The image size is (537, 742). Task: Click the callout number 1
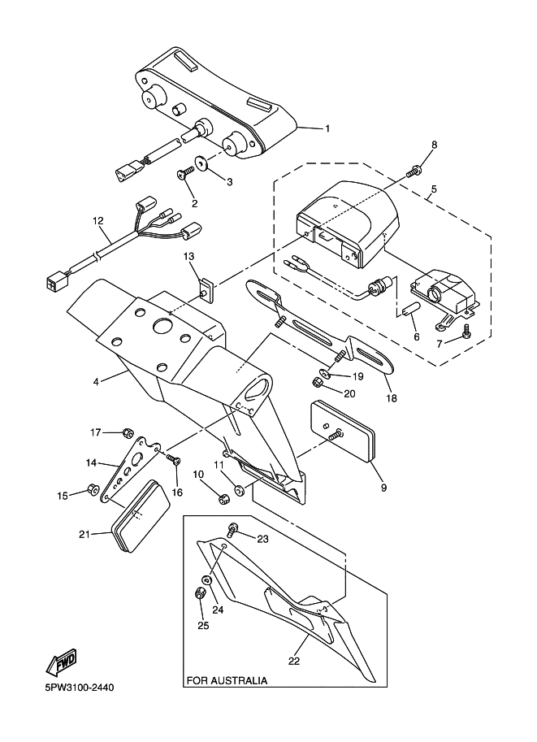(327, 128)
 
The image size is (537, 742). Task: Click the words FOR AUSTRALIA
(227, 679)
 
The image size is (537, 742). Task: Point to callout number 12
(98, 220)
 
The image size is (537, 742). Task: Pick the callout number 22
(294, 660)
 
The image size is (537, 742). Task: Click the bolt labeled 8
(416, 170)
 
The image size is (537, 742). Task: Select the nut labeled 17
(128, 432)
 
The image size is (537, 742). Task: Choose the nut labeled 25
(201, 592)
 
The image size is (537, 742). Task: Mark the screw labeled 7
(466, 332)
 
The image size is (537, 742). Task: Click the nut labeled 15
(93, 490)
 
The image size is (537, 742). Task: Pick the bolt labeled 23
(234, 529)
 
